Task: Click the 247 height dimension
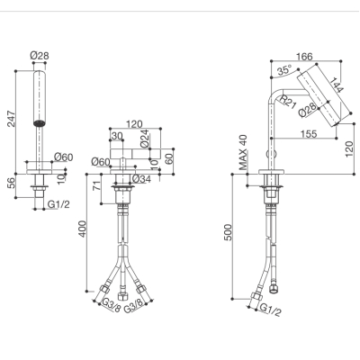(11, 119)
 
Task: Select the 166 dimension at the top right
(304, 57)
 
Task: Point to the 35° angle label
(284, 70)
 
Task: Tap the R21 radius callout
(288, 101)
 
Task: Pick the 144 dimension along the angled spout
(337, 85)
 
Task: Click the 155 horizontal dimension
(309, 134)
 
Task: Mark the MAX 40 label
(243, 152)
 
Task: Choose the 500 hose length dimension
(229, 232)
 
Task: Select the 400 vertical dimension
(82, 229)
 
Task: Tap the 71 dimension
(97, 185)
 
